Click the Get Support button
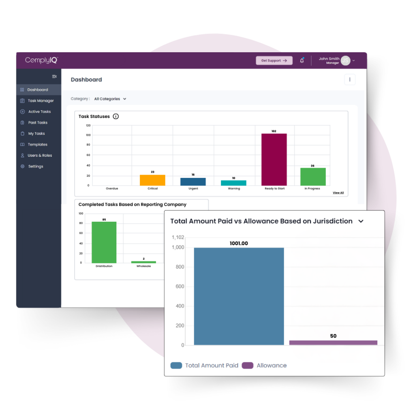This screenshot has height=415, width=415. pyautogui.click(x=274, y=60)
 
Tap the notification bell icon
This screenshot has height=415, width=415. pyautogui.click(x=302, y=60)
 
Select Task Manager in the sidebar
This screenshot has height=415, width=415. pyautogui.click(x=40, y=101)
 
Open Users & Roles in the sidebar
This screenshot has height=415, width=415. pyautogui.click(x=39, y=155)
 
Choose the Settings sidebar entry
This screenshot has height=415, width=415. pyautogui.click(x=35, y=166)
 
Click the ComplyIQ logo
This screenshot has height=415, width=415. pyautogui.click(x=42, y=60)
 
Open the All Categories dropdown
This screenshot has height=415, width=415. pyautogui.click(x=110, y=98)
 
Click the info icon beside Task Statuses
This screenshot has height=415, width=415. pyautogui.click(x=116, y=116)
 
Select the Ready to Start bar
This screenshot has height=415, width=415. pyautogui.click(x=274, y=160)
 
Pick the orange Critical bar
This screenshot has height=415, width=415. pyautogui.click(x=152, y=180)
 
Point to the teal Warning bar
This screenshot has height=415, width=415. pyautogui.click(x=233, y=183)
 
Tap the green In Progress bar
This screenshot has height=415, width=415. pyautogui.click(x=312, y=177)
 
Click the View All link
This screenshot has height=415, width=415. pyautogui.click(x=338, y=193)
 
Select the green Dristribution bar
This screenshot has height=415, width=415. pyautogui.click(x=104, y=242)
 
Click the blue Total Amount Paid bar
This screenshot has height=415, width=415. pyautogui.click(x=239, y=296)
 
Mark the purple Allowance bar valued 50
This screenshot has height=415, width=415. pyautogui.click(x=333, y=343)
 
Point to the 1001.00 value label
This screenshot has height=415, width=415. pyautogui.click(x=239, y=244)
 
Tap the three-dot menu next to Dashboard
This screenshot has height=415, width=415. pyautogui.click(x=350, y=79)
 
